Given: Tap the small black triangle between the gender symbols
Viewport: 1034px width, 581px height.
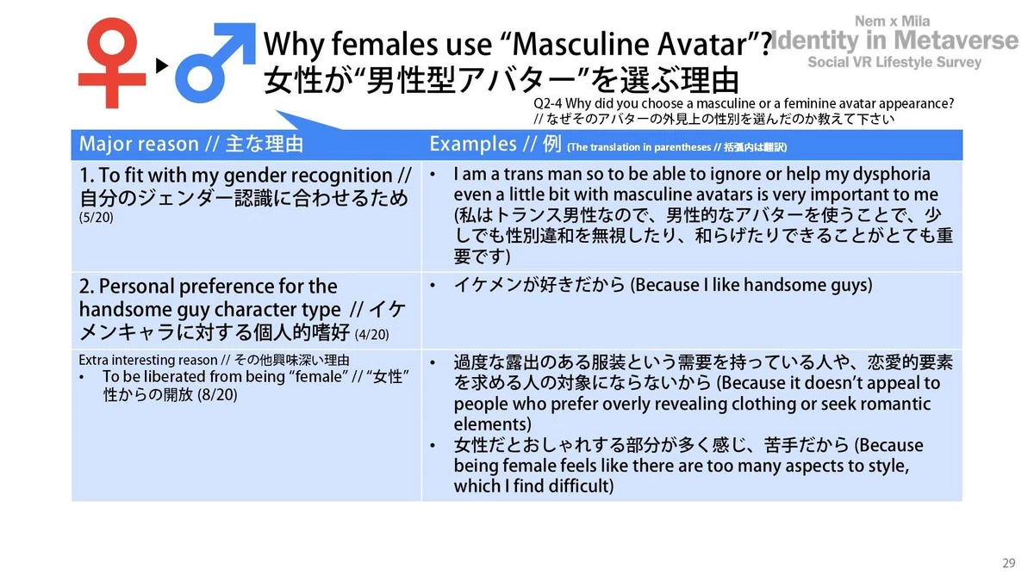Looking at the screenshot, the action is click(162, 65).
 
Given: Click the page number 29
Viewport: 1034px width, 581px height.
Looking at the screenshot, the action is click(1009, 563).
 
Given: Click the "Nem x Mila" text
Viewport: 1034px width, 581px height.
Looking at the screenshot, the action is click(893, 22).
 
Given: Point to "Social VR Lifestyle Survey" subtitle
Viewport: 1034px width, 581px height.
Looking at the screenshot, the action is click(894, 62).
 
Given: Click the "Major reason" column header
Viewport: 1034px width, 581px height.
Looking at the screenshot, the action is click(139, 144).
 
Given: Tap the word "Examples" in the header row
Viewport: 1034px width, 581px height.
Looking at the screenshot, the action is click(473, 145).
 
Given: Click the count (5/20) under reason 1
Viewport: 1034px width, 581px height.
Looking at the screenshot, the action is click(96, 217).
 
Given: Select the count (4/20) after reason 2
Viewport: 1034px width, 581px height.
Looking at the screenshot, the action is click(371, 334).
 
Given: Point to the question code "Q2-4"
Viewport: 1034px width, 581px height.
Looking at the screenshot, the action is click(547, 104).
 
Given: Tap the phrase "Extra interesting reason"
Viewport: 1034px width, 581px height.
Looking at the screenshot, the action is click(147, 360).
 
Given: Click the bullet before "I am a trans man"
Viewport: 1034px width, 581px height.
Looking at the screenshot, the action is click(433, 175).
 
